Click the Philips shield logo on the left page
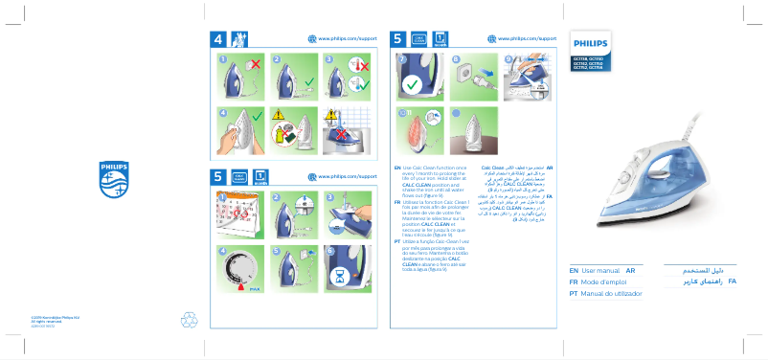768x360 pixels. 112,179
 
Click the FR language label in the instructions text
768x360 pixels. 396,204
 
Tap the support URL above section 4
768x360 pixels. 346,38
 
